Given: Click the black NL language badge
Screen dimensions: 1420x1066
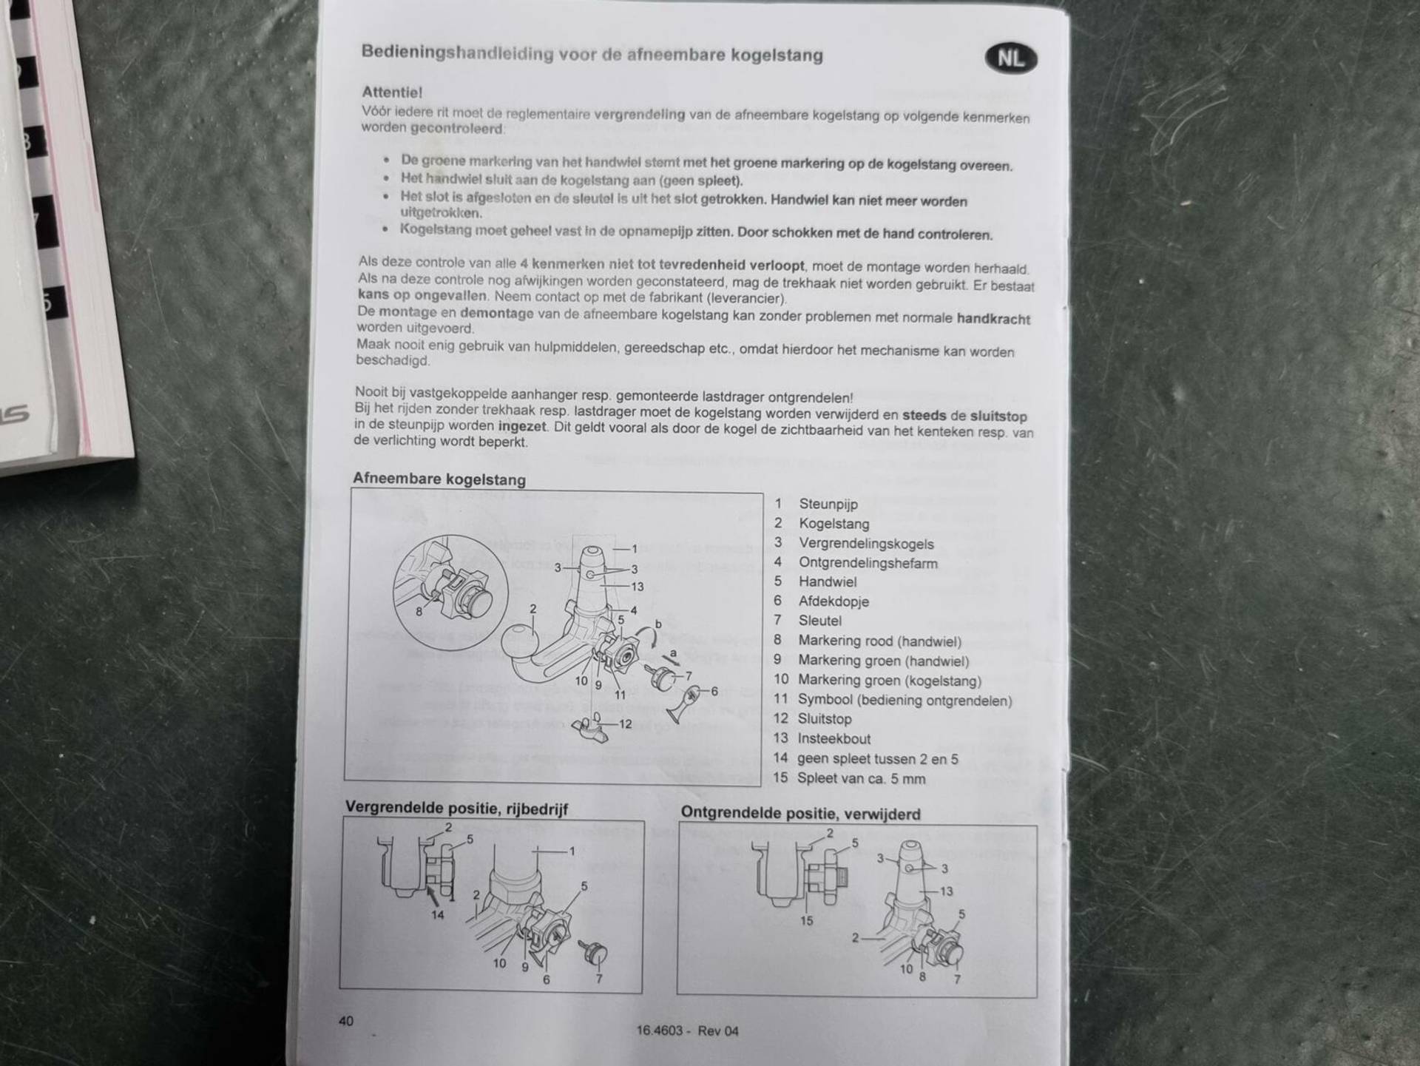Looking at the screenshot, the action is [x=1011, y=58].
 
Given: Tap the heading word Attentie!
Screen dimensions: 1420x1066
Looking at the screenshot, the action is [x=392, y=92].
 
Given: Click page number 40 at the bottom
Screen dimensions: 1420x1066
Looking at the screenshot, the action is [x=346, y=1021].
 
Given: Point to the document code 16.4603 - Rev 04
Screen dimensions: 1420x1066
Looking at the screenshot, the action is [x=687, y=1030].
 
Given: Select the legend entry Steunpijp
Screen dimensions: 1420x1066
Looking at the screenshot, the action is [x=828, y=504].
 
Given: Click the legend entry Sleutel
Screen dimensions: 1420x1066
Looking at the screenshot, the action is [x=819, y=621].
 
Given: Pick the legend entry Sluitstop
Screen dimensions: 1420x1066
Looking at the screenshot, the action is [x=825, y=718].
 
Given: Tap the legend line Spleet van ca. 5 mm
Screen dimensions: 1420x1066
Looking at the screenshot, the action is [x=861, y=778].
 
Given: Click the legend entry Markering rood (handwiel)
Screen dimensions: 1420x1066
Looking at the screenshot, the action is [x=880, y=641].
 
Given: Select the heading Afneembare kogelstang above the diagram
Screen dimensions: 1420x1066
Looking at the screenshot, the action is [x=439, y=479].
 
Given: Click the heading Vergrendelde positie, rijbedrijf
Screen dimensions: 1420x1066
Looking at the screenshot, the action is [x=456, y=808].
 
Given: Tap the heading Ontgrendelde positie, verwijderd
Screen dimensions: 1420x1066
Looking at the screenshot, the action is [x=801, y=813].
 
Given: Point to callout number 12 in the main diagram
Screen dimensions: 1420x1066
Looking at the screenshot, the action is [x=625, y=724].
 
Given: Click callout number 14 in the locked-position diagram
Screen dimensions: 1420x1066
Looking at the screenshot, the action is [x=438, y=915].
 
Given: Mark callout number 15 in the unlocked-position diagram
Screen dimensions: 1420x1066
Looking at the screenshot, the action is [x=806, y=921].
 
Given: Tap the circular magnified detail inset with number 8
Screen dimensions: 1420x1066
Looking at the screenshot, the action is [x=450, y=592].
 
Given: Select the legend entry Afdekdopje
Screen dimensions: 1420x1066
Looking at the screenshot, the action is [x=834, y=601].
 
